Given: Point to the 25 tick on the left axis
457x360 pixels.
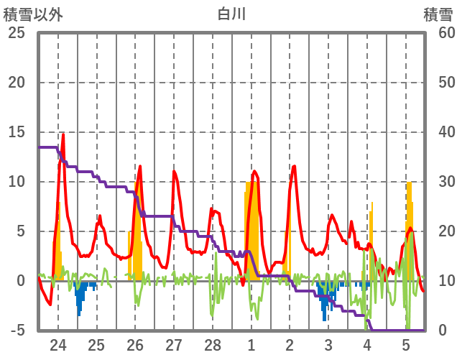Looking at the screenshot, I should [16, 32].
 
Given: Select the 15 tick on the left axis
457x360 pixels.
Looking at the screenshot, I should [16, 132].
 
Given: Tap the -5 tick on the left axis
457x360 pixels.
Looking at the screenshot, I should [16, 331].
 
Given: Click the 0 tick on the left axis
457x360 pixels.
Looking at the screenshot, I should [20, 281].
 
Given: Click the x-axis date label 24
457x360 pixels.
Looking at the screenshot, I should [57, 344].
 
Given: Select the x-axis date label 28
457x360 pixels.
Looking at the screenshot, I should [212, 344].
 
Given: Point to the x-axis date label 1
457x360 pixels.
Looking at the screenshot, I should [251, 344].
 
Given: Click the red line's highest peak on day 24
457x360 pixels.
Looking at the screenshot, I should [63, 134].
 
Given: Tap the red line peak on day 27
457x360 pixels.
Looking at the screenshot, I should [174, 171].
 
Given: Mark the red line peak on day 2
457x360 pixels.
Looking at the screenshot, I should [294, 167].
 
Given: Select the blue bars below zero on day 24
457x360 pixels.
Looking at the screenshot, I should [79, 296].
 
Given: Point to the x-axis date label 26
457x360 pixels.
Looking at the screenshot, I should [135, 344].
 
